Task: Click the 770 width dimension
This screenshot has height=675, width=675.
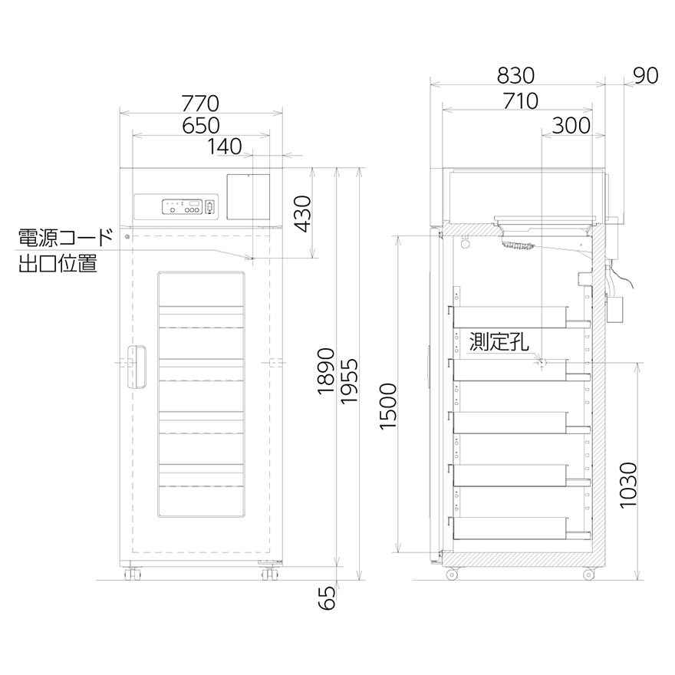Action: (200, 104)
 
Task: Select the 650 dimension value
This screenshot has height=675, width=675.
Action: (201, 126)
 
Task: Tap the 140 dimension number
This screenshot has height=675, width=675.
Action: (225, 147)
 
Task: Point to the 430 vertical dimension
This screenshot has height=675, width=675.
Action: (303, 214)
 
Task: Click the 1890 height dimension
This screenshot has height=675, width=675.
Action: (326, 371)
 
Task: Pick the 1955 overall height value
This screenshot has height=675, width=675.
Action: (349, 381)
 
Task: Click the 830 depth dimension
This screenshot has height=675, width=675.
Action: (515, 76)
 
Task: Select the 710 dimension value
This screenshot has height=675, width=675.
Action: (521, 101)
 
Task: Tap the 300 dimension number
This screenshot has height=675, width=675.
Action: (571, 126)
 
